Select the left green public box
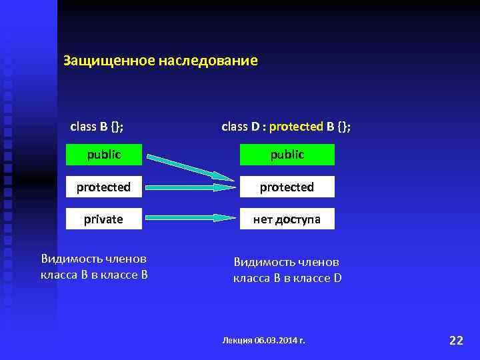(103, 155)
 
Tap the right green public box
(287, 155)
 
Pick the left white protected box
(103, 187)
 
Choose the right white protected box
(287, 187)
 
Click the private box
(103, 219)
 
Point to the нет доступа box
(287, 219)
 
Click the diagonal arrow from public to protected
(190, 167)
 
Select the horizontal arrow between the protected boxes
(190, 187)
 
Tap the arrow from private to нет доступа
(190, 218)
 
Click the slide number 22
(456, 340)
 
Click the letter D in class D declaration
(254, 127)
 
